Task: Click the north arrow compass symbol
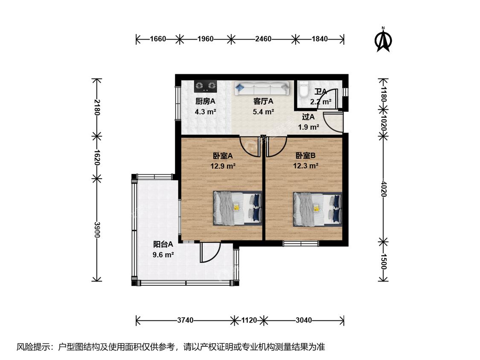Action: [383, 40]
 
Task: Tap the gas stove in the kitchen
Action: [205, 86]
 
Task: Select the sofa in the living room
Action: [262, 88]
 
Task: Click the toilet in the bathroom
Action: [304, 89]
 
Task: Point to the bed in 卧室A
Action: [238, 209]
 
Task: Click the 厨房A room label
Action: [205, 102]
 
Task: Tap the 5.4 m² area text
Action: [263, 112]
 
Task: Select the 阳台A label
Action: [163, 244]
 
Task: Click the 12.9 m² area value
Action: [223, 166]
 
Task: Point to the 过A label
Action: [308, 117]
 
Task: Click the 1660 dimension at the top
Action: [158, 39]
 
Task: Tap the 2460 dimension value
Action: [263, 39]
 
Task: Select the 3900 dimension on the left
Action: [97, 229]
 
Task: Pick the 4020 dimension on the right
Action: [383, 189]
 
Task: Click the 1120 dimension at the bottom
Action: [249, 320]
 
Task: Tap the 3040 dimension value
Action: [304, 320]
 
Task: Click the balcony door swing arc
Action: [214, 256]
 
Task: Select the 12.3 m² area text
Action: [305, 166]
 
